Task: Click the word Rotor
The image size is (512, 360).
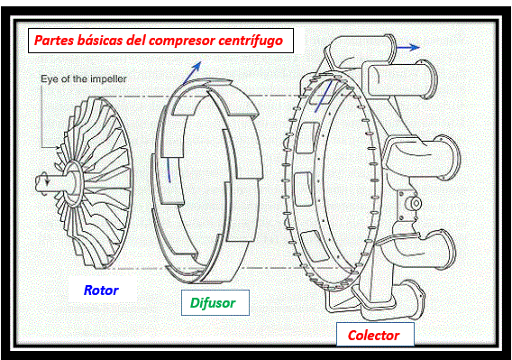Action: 101,291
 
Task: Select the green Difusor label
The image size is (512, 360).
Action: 213,303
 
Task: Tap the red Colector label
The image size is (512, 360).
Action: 373,336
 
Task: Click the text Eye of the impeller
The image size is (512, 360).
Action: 83,78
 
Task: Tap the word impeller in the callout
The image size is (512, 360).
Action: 108,78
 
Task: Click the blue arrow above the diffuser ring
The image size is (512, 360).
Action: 192,73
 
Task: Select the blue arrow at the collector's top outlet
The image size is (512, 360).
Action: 408,48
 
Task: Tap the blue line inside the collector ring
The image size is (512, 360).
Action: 323,97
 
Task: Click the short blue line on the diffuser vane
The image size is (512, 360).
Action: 169,171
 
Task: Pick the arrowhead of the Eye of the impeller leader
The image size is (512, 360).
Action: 58,148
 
